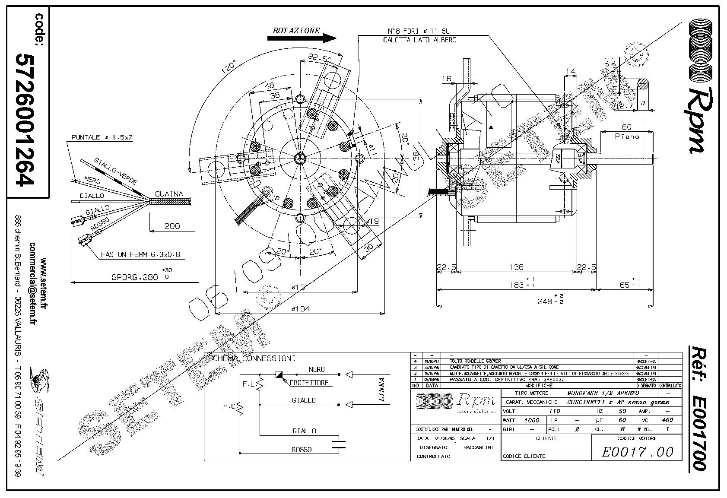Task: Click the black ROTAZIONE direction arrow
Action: click(302, 38)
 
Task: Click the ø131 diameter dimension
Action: click(300, 286)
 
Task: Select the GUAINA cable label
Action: click(169, 194)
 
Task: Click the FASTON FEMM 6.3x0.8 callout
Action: click(140, 255)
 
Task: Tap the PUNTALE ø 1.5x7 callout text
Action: click(102, 138)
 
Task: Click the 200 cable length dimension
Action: click(172, 225)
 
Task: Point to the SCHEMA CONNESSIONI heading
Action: click(251, 358)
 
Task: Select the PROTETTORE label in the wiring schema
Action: click(309, 383)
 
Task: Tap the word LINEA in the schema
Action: click(382, 390)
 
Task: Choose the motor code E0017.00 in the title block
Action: click(637, 452)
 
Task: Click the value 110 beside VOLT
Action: click(555, 411)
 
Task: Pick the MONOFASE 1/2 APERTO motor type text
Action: click(603, 393)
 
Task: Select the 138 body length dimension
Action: click(516, 267)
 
